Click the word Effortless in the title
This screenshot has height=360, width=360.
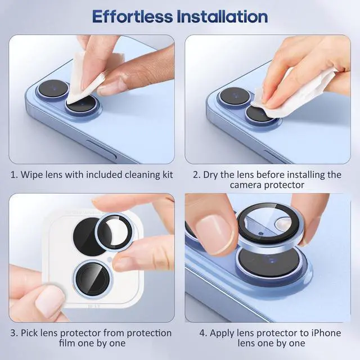[133, 16]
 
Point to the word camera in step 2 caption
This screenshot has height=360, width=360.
[244, 185]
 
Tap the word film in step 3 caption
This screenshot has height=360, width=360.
[67, 343]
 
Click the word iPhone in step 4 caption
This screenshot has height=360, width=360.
[326, 333]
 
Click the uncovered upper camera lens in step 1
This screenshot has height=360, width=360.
[53, 88]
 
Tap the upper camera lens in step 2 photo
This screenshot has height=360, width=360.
[235, 96]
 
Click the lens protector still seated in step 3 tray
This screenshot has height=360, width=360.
[93, 279]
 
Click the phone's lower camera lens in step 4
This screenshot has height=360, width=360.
[269, 262]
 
